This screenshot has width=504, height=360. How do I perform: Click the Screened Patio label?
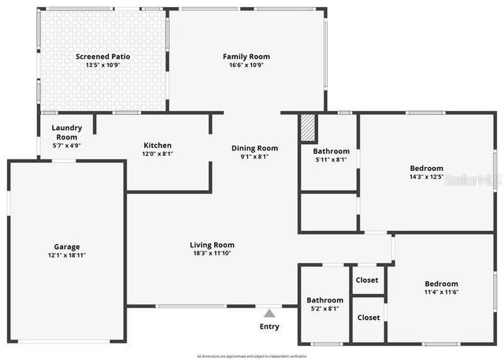[x=102, y=57]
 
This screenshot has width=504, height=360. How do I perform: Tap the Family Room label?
[x=246, y=57]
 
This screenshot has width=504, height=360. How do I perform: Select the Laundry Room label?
[x=66, y=132]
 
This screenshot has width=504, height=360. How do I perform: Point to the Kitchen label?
[x=157, y=146]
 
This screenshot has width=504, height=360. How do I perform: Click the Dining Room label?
[x=254, y=148]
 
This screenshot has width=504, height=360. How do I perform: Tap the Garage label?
[x=66, y=247]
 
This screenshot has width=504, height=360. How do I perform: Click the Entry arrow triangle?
[x=269, y=314]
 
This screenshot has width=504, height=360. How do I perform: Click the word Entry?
[x=269, y=326]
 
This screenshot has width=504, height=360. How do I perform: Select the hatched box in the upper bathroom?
[x=308, y=129]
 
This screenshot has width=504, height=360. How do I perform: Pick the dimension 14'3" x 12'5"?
[x=426, y=176]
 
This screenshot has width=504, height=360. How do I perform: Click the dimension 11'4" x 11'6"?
[x=441, y=292]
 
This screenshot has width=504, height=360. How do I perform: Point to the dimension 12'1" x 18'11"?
[x=66, y=255]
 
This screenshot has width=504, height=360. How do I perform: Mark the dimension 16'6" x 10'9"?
[x=246, y=65]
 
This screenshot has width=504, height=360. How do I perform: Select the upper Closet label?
[x=367, y=280]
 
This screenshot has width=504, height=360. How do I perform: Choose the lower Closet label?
[x=368, y=317]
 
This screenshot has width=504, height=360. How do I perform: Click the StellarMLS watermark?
[x=472, y=180]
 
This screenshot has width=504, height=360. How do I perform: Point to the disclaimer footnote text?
[x=252, y=356]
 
